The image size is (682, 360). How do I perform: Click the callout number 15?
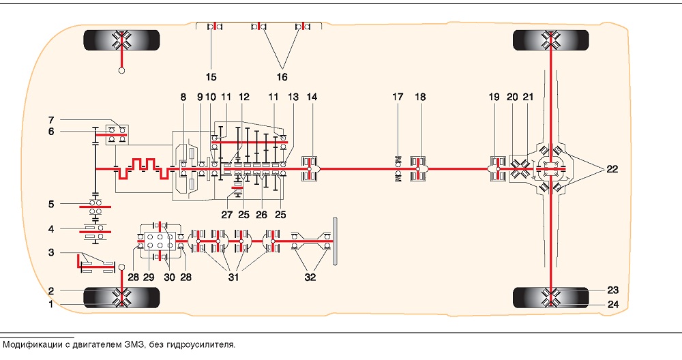coord(211,77)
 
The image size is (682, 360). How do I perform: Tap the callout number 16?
coord(282,77)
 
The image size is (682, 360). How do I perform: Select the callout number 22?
coord(612,168)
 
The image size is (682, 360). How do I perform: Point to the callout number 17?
coord(398,97)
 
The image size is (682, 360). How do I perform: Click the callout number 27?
coord(227,215)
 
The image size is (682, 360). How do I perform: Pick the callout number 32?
coord(310,277)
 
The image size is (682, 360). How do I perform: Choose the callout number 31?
coord(233,277)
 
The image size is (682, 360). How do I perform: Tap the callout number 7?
coord(51,120)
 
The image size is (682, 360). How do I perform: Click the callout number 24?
coord(613,304)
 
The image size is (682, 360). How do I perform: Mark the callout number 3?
coord(51,252)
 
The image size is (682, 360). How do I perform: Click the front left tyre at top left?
coord(122,40)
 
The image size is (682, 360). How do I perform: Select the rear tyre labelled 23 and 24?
coord(551,298)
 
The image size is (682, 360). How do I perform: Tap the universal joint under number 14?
coord(310,168)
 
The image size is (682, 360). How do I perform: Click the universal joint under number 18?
coord(419,168)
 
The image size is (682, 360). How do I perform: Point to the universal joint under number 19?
coord(497,168)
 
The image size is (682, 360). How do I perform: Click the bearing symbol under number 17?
coord(398,168)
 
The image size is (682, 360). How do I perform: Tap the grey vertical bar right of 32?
coord(336,241)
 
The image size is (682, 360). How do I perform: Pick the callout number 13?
coord(293,97)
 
